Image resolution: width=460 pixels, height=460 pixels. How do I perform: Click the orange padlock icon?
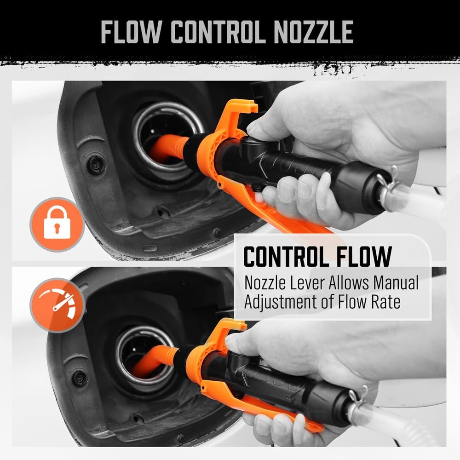click(57, 224)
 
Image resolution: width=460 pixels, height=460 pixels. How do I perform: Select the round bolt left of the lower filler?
click(80, 378)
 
